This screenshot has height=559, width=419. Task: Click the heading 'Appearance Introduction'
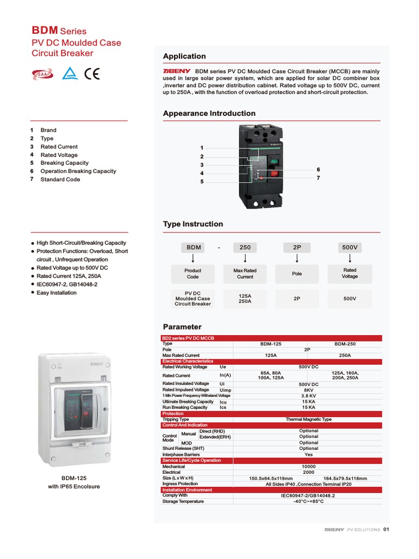point(209,114)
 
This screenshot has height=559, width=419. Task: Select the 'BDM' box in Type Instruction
point(194,247)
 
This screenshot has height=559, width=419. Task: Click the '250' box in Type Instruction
point(245,247)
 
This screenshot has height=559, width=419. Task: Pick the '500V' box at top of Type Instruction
point(350,247)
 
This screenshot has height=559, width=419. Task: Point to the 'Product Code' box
point(193,273)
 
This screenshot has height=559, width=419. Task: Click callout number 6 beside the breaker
point(318,170)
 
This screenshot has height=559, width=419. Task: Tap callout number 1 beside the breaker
point(202,148)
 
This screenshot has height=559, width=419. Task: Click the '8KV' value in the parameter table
point(308,390)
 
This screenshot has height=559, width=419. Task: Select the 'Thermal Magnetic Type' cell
point(308,419)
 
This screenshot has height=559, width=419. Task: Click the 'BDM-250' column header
point(345,344)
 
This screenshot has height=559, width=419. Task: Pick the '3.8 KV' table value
point(308,396)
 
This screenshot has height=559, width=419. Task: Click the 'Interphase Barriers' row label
point(181,454)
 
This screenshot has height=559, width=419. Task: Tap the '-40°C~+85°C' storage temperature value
point(308,501)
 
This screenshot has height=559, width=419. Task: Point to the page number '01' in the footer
point(386,529)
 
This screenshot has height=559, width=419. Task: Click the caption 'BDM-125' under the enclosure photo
point(74,478)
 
